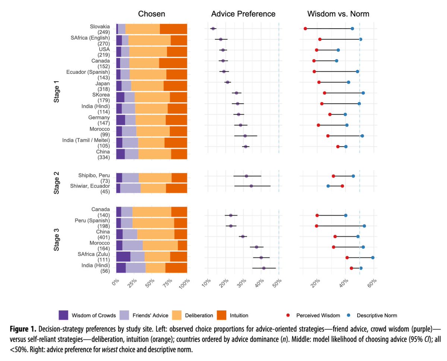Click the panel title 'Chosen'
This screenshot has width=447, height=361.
152,14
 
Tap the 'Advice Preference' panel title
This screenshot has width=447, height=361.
243,14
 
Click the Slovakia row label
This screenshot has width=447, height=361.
100,26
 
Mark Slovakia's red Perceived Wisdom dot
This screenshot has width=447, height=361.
305,28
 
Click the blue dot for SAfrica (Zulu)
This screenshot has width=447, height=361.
373,257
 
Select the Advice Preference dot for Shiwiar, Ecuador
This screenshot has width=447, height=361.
251,186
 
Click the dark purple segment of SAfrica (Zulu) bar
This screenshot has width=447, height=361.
123,257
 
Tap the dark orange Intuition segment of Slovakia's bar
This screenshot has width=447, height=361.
173,29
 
